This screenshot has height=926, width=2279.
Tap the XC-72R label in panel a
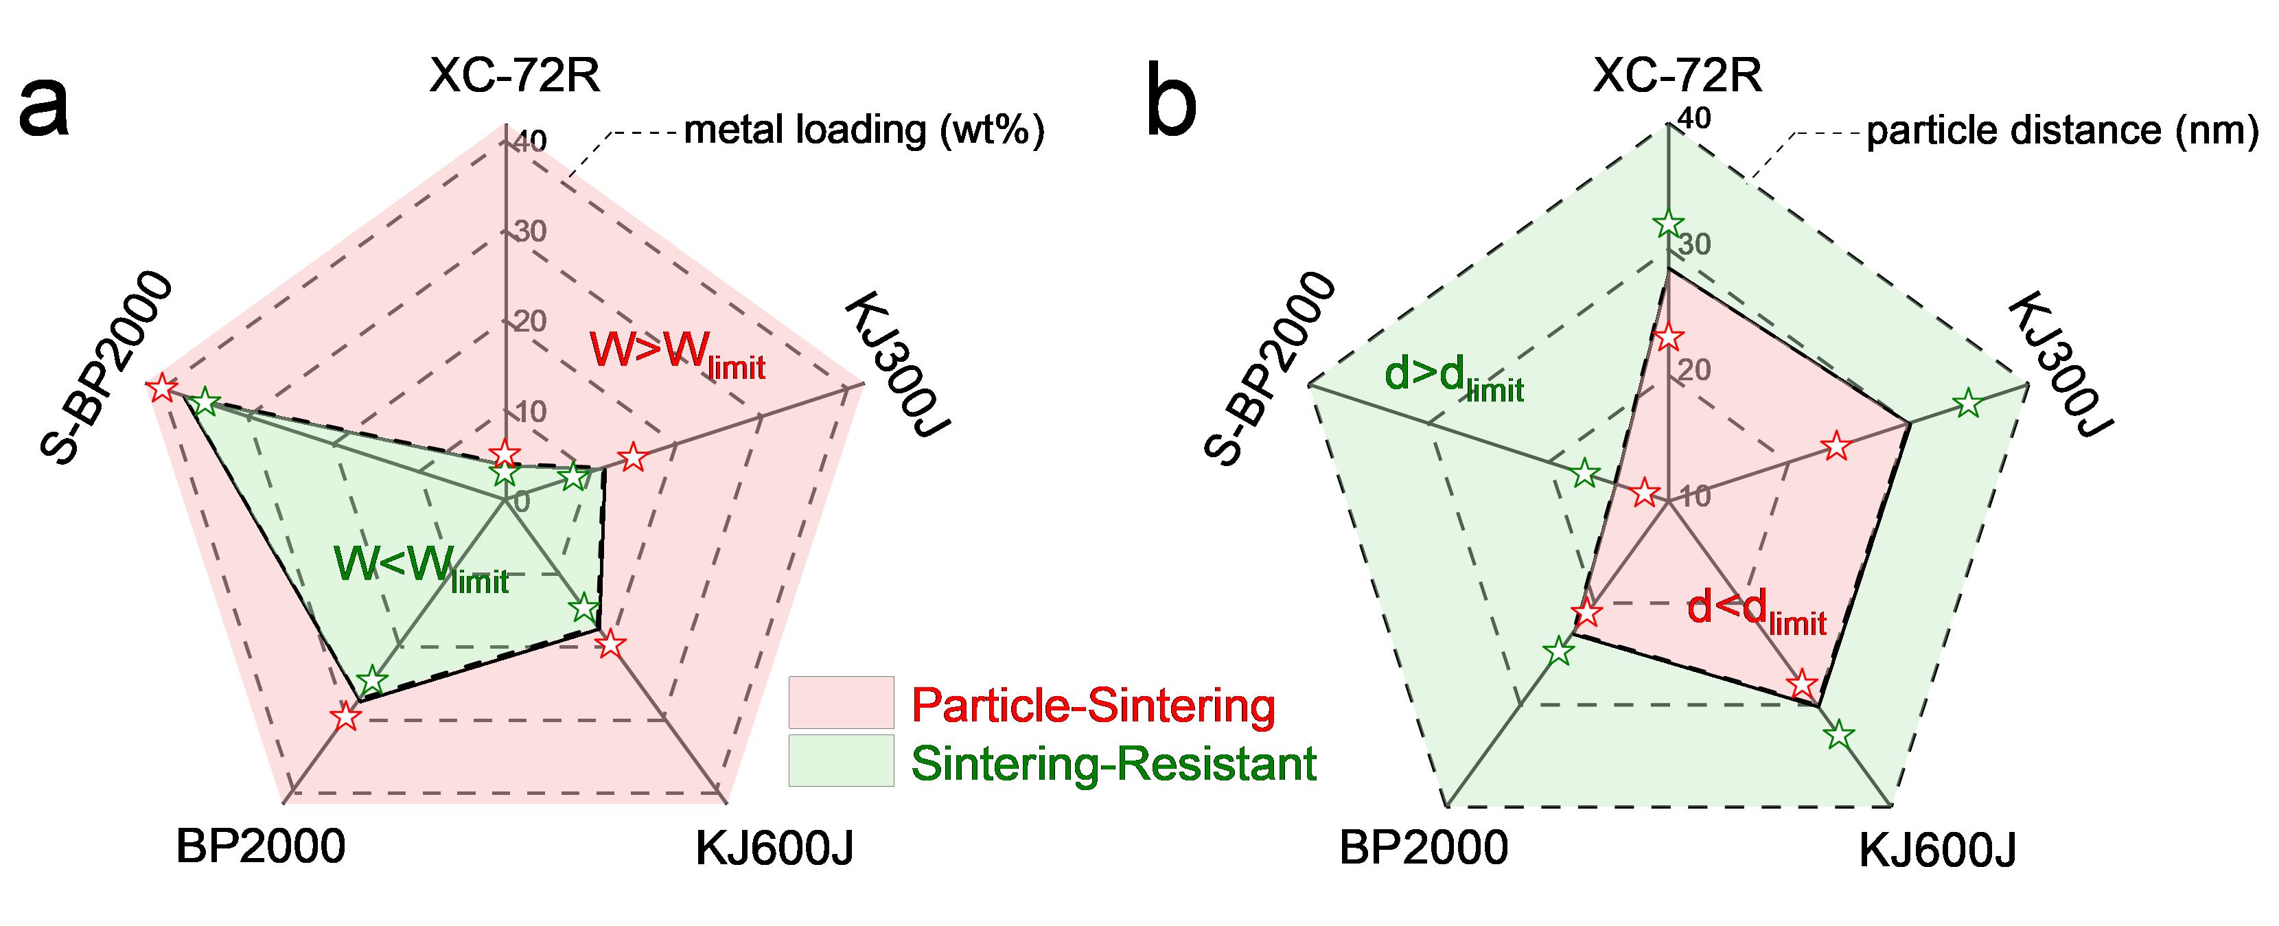coord(514,76)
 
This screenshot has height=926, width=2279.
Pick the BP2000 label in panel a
coord(260,847)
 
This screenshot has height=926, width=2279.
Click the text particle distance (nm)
coord(2062,131)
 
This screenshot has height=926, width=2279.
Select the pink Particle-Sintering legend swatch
coord(840,702)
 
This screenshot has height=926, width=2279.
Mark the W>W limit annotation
coord(677,353)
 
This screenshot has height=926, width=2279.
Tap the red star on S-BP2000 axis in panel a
coord(161,387)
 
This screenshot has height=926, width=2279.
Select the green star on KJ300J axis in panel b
coord(1967,404)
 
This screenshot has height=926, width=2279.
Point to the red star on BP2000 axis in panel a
coord(346,717)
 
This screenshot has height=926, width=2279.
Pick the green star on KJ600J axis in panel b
coord(1839,733)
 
